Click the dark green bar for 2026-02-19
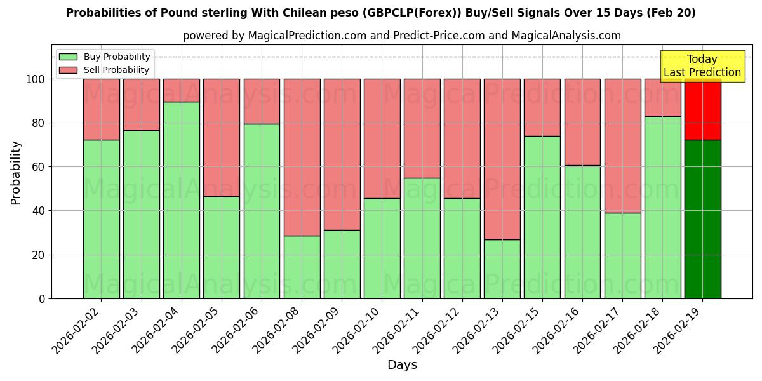tap(702, 219)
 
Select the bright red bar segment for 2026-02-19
tap(702, 109)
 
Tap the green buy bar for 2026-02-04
tap(182, 200)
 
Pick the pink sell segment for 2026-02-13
tap(502, 159)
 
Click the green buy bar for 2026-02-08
tap(302, 267)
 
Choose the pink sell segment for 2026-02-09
tap(342, 154)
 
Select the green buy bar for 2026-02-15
tap(542, 217)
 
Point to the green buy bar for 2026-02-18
tap(662, 207)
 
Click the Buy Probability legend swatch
tap(68, 57)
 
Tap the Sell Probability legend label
tap(116, 70)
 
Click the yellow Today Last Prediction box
tap(702, 66)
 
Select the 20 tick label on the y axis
tap(39, 255)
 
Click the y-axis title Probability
tap(16, 172)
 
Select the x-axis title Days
tap(402, 365)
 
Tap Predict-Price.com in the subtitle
tap(429, 36)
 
